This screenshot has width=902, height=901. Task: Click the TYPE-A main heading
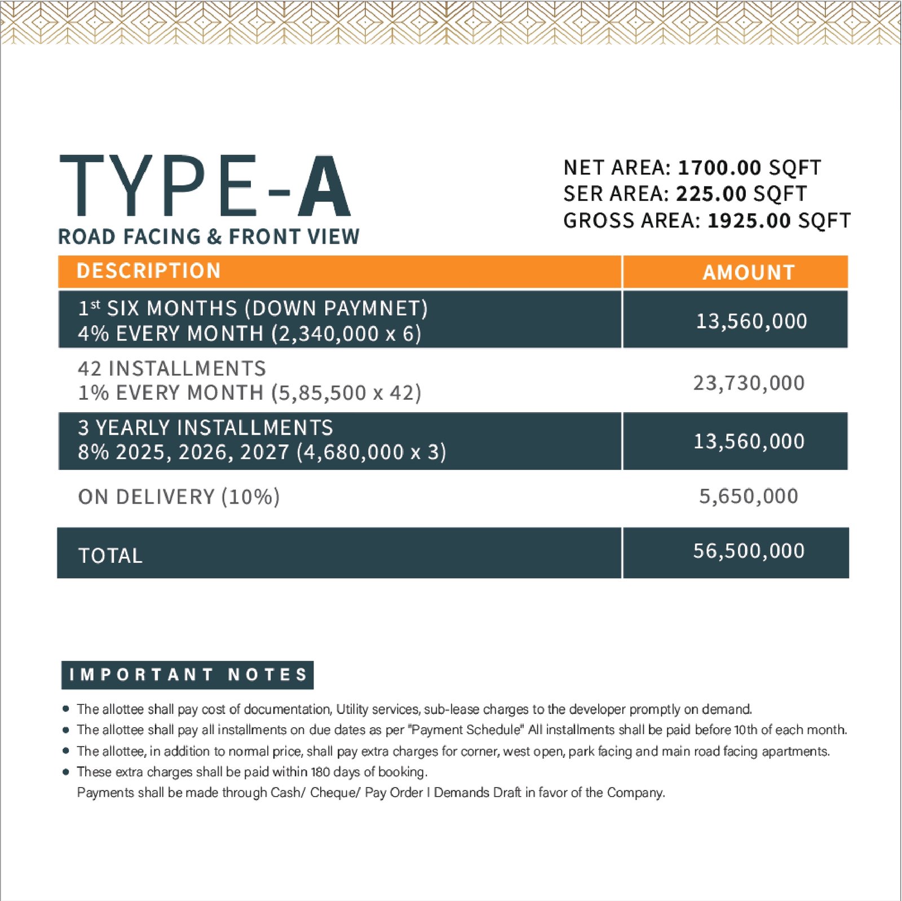pyautogui.click(x=205, y=187)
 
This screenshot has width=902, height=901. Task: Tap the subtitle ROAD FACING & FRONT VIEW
pyautogui.click(x=209, y=237)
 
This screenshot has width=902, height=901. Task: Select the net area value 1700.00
pyautogui.click(x=719, y=167)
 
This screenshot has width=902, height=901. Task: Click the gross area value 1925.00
pyautogui.click(x=749, y=220)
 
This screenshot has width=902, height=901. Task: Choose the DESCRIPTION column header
pyautogui.click(x=148, y=271)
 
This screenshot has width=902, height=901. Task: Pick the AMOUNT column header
pyautogui.click(x=748, y=273)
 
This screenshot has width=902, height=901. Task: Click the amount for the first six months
pyautogui.click(x=751, y=321)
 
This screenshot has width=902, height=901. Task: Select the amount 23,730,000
pyautogui.click(x=749, y=383)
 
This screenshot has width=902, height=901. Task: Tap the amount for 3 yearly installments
pyautogui.click(x=749, y=441)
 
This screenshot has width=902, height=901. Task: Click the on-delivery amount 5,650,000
pyautogui.click(x=748, y=496)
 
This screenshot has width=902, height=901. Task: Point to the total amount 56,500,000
pyautogui.click(x=749, y=551)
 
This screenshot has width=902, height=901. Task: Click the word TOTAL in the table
pyautogui.click(x=110, y=556)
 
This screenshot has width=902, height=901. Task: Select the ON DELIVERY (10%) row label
pyautogui.click(x=179, y=497)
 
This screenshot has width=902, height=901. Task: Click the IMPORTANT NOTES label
pyautogui.click(x=188, y=675)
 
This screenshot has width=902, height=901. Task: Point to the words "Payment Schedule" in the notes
pyautogui.click(x=466, y=730)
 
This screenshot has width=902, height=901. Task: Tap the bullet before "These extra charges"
pyautogui.click(x=66, y=772)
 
